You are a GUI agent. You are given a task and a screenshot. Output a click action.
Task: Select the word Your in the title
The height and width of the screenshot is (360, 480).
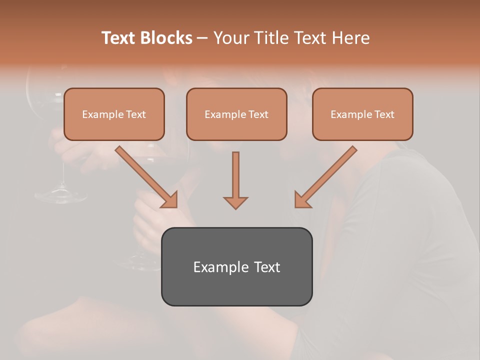pyautogui.click(x=228, y=38)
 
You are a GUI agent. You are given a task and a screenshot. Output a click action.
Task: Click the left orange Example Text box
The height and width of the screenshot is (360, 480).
pyautogui.click(x=114, y=114)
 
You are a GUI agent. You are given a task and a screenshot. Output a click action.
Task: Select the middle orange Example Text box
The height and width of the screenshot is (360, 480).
pyautogui.click(x=236, y=114)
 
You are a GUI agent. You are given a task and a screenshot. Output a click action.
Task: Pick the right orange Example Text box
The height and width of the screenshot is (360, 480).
pyautogui.click(x=362, y=114)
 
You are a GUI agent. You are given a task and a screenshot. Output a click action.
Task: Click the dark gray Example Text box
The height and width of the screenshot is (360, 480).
pyautogui.click(x=236, y=266)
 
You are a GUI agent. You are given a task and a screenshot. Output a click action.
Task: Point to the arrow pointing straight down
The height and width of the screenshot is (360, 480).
pyautogui.click(x=235, y=180)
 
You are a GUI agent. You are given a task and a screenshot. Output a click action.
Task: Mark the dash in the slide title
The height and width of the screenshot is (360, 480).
pyautogui.click(x=202, y=38)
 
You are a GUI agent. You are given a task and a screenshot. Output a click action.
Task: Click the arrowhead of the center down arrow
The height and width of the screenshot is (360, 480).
pyautogui.click(x=235, y=202)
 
